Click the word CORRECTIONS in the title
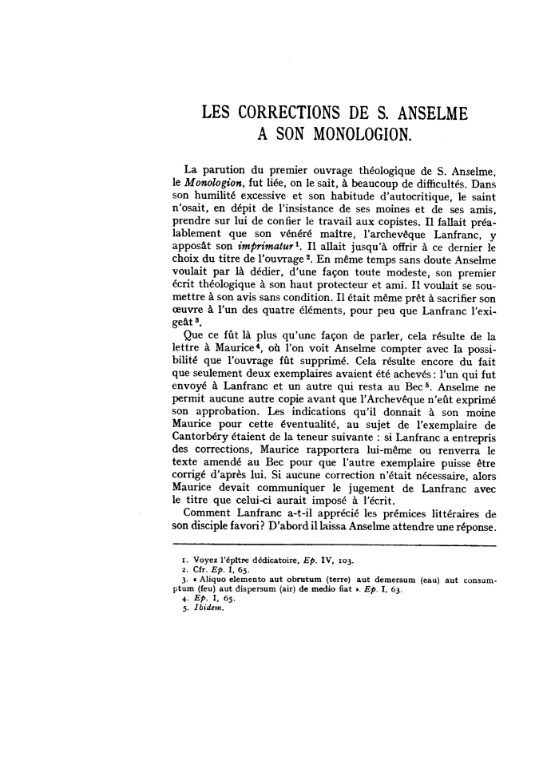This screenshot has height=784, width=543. pyautogui.click(x=287, y=114)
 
